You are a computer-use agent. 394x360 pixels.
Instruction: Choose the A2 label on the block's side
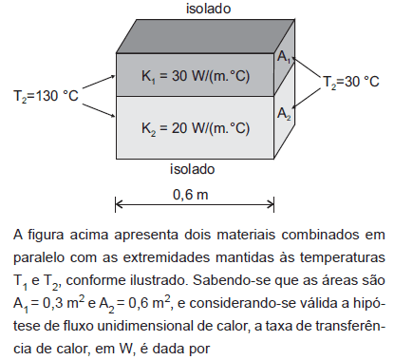[285, 114]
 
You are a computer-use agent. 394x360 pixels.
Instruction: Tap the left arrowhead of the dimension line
[119, 203]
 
